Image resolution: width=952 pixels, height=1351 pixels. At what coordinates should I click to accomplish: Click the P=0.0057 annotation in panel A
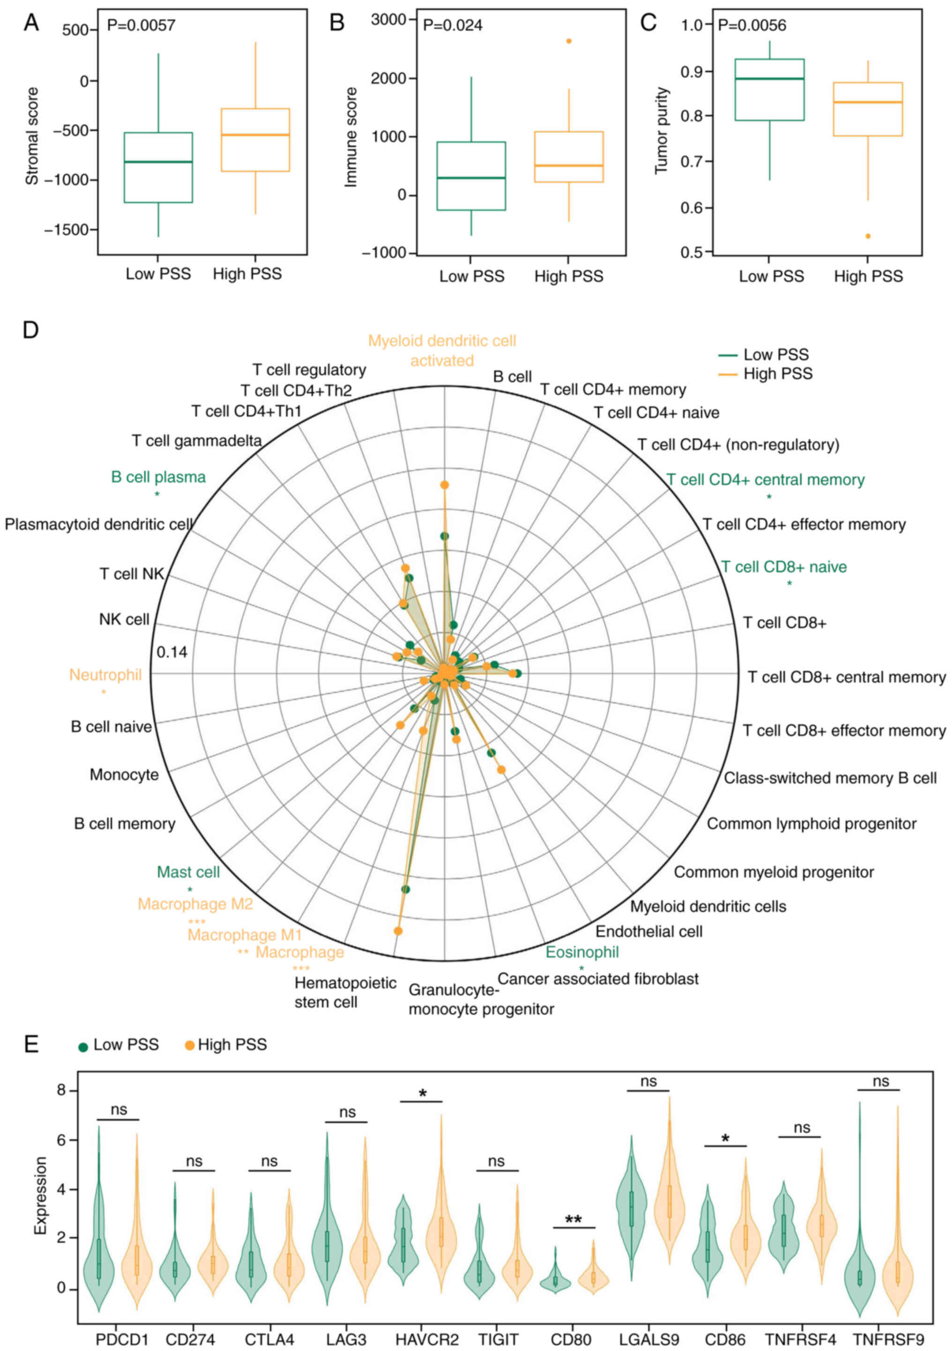click(x=141, y=25)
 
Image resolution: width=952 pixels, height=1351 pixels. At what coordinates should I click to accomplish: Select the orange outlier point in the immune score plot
click(x=568, y=41)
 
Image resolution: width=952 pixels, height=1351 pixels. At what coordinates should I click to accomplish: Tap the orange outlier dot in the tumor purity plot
click(x=867, y=236)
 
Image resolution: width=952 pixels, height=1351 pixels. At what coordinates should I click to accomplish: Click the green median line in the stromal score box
click(x=158, y=162)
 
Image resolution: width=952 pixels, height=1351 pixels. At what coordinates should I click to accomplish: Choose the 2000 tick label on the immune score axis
click(x=388, y=78)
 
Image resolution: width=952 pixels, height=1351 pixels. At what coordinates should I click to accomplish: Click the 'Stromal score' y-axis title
click(x=32, y=136)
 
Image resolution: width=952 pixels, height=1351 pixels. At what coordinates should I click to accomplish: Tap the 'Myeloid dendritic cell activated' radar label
click(x=442, y=351)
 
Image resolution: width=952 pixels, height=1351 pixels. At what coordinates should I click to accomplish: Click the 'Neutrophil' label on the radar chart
click(x=105, y=675)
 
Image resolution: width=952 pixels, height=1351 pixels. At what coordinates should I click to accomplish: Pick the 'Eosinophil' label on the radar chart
click(x=582, y=952)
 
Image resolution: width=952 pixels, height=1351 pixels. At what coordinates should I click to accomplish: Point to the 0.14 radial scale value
click(x=172, y=652)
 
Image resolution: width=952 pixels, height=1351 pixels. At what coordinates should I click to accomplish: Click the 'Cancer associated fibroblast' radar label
click(x=598, y=979)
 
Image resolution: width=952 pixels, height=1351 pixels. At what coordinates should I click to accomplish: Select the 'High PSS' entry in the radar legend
click(x=777, y=374)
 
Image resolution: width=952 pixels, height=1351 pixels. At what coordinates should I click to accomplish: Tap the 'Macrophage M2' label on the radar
click(x=195, y=904)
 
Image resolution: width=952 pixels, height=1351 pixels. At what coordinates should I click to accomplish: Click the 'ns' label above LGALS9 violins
click(x=648, y=1082)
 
